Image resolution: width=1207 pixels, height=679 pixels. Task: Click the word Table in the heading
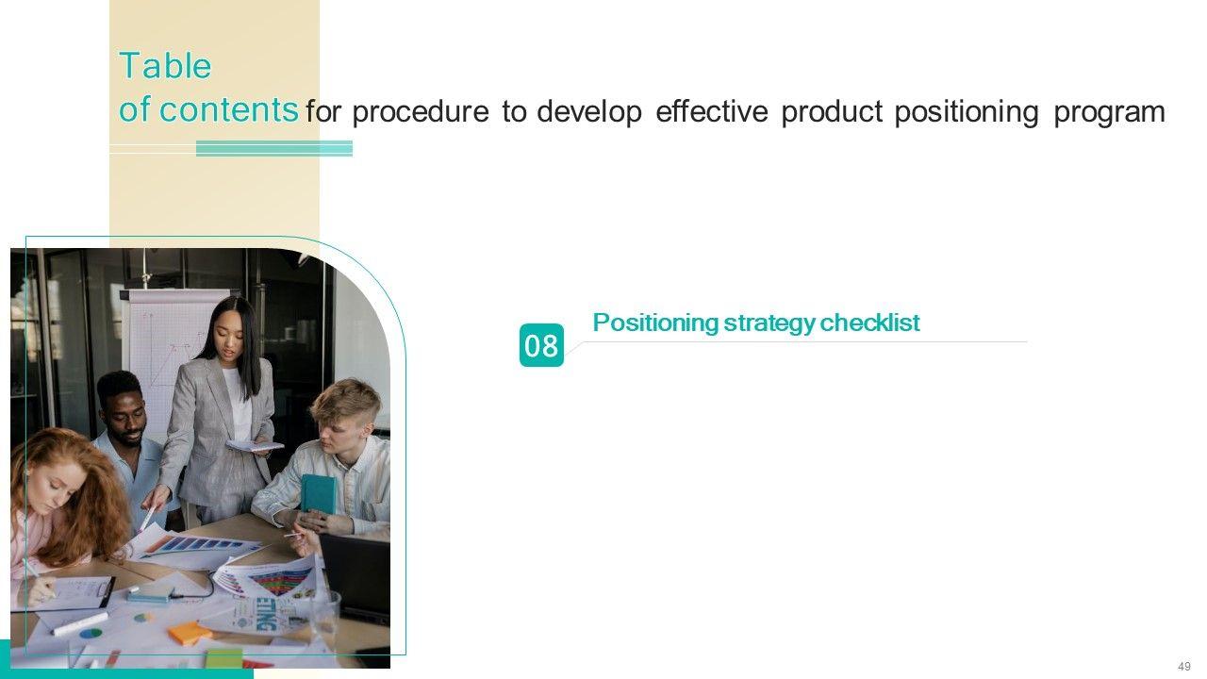pos(165,66)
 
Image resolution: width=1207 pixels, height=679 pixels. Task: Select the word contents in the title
pos(228,109)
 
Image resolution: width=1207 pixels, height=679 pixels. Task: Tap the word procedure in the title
pos(421,112)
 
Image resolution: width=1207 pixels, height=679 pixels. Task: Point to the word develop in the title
pos(589,112)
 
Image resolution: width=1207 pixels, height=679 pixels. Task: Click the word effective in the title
pos(711,111)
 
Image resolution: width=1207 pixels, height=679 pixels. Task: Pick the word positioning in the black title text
pos(967,112)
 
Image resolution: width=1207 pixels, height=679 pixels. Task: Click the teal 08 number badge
pos(541,345)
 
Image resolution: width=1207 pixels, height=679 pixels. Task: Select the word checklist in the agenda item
pos(869,323)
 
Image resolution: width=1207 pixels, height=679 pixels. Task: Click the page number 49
pos(1183,667)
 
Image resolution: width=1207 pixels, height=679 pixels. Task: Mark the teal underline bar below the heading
pos(274,148)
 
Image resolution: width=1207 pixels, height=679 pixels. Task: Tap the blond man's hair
pos(345,402)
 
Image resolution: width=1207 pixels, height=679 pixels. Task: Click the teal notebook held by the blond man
pos(318,493)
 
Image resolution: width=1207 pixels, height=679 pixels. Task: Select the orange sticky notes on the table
pos(190,633)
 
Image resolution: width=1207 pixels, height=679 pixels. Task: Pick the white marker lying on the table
pos(79,624)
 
